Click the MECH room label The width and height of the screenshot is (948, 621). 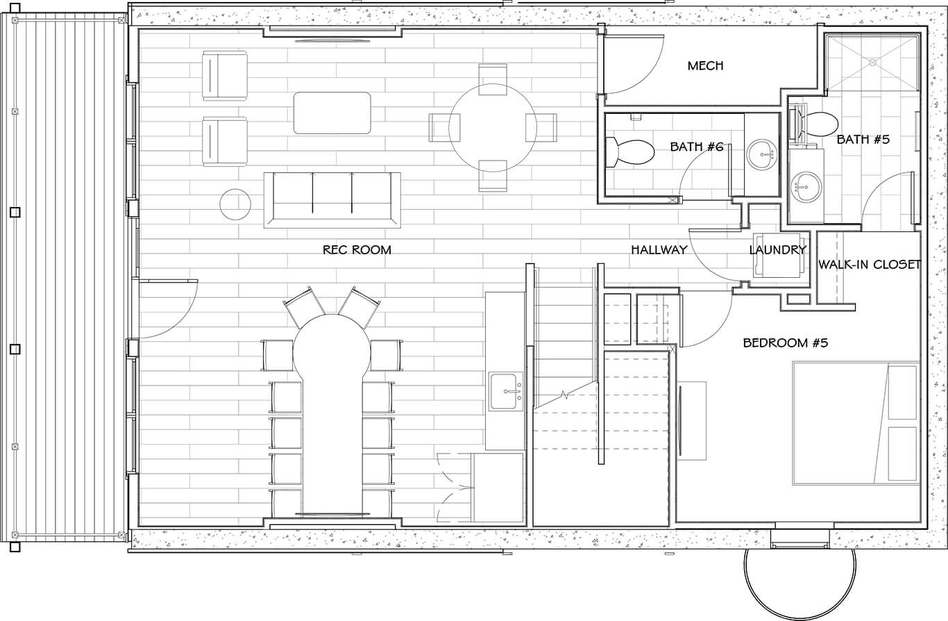[x=705, y=66]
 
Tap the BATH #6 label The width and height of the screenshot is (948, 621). [x=697, y=147]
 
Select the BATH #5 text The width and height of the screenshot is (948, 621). [x=863, y=140]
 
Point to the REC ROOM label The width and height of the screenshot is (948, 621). [x=357, y=250]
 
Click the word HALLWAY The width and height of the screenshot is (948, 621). [x=659, y=250]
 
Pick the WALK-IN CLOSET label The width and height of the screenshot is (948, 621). [x=870, y=265]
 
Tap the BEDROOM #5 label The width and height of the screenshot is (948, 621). [x=786, y=342]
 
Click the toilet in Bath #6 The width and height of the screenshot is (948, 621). [x=630, y=152]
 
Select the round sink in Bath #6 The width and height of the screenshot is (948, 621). [x=761, y=154]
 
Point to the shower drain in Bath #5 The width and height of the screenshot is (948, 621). [x=872, y=63]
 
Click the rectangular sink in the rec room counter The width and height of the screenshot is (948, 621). [x=506, y=392]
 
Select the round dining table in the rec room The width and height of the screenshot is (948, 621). [x=493, y=128]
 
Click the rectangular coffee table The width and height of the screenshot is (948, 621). [x=332, y=113]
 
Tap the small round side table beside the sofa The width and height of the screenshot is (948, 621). [x=235, y=204]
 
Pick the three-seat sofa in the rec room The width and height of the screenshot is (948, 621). [x=332, y=200]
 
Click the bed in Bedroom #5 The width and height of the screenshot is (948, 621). [x=856, y=423]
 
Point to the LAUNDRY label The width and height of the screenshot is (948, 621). [x=777, y=250]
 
